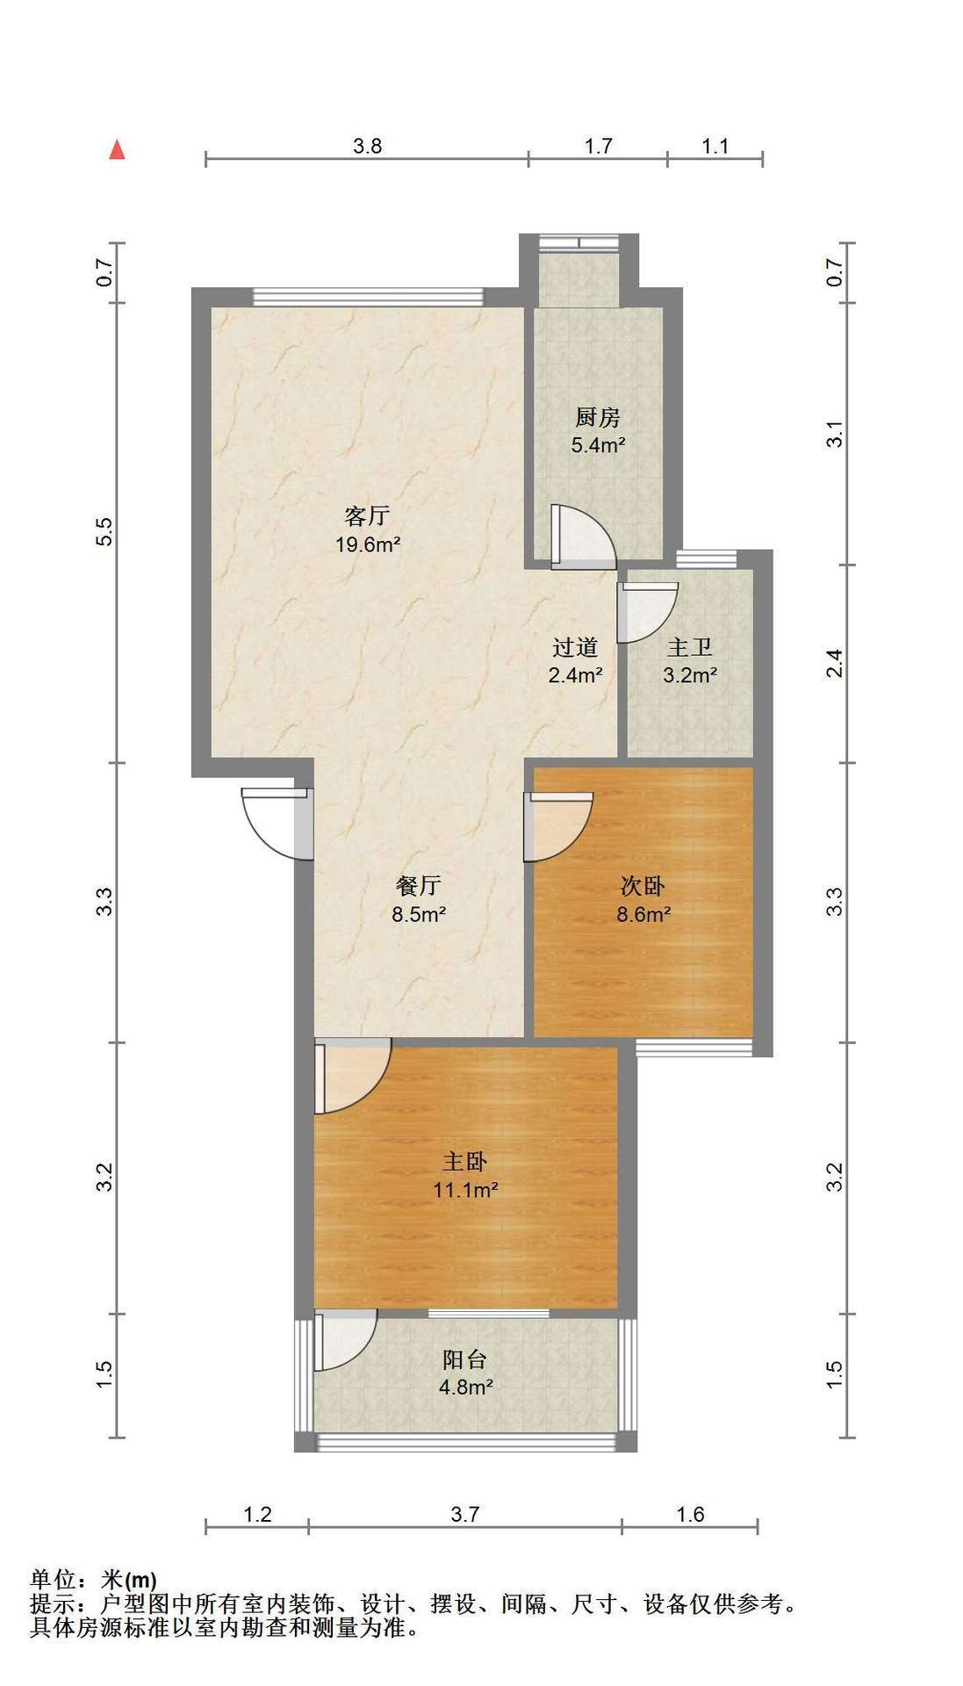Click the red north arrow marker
[x=117, y=150]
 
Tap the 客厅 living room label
[x=367, y=515]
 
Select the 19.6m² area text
[x=368, y=544]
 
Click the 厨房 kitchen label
[x=598, y=417]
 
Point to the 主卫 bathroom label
[x=690, y=648]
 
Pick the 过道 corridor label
[x=576, y=648]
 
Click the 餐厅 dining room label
[x=419, y=886]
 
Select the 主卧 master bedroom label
[x=464, y=1162]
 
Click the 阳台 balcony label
[x=465, y=1359]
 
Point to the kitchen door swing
[x=583, y=537]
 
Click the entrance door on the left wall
[x=277, y=822]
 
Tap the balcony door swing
[x=346, y=1341]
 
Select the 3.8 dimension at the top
[x=368, y=146]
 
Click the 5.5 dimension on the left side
[x=105, y=533]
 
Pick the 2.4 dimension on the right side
[x=835, y=663]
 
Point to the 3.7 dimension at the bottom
[x=465, y=1514]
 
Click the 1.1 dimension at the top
[x=715, y=146]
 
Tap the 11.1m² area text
[x=465, y=1191]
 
